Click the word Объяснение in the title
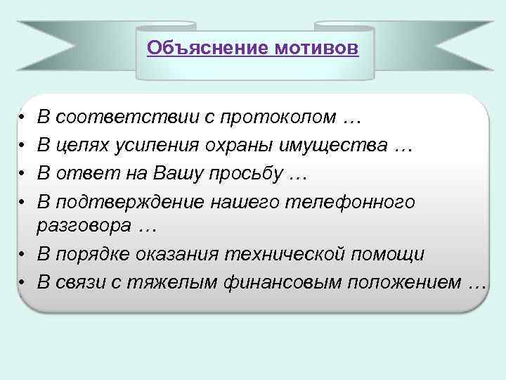209,48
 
